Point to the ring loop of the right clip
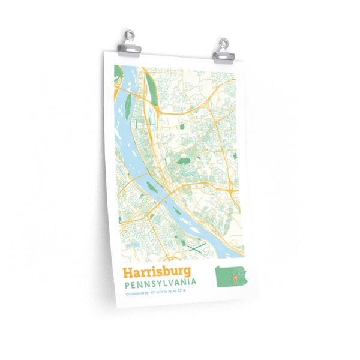point(224,43)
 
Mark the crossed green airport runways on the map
point(196,246)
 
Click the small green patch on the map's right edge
point(235,156)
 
